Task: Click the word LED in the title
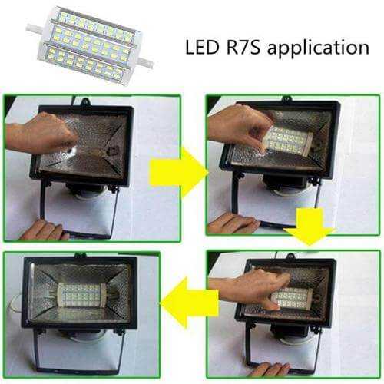202,47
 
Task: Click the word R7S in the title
243,47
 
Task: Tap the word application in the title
318,48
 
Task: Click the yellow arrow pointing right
178,171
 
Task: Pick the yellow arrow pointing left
189,303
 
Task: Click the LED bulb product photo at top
90,45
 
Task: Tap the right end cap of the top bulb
146,63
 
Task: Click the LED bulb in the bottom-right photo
293,299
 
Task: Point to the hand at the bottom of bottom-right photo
269,369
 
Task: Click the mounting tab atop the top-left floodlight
84,101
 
